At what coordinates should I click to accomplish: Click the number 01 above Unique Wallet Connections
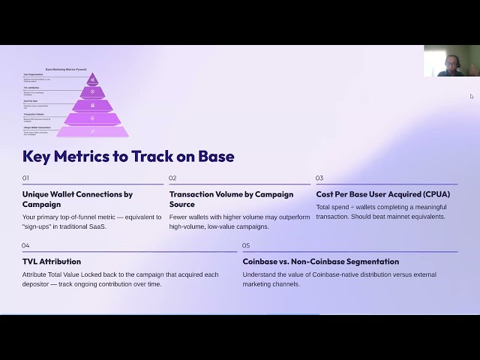coord(25,178)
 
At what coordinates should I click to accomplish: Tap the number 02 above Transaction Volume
coord(172,178)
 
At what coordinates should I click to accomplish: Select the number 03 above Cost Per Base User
coord(319,178)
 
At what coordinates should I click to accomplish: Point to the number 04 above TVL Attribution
coord(25,246)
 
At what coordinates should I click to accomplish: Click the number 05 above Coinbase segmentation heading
coord(246,246)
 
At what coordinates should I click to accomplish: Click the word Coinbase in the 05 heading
coord(263,262)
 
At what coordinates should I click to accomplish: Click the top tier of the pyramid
coord(92,79)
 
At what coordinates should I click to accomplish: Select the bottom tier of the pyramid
coord(92,131)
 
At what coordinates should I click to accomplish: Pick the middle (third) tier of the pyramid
coord(92,106)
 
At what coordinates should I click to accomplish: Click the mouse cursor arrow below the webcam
coord(472,96)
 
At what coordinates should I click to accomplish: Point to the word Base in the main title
coord(216,157)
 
